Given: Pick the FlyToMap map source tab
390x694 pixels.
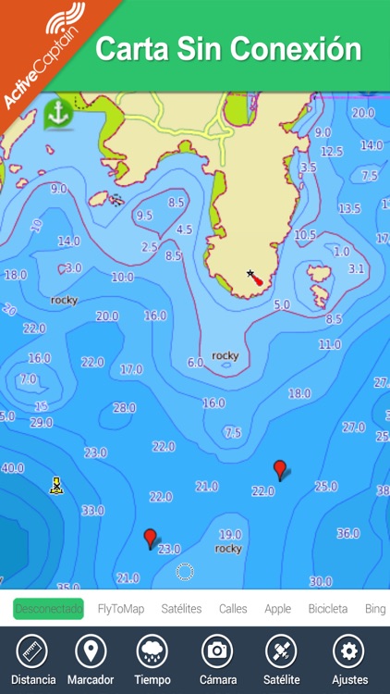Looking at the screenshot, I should [121, 609].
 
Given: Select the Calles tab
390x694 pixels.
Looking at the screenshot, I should [233, 609].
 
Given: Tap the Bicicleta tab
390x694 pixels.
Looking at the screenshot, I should [327, 609].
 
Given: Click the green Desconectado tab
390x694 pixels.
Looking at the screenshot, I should [48, 609].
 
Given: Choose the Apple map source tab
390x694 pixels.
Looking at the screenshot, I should [277, 609].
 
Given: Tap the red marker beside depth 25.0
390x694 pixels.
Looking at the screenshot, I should [280, 470].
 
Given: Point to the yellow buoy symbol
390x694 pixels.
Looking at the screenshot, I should [55, 485].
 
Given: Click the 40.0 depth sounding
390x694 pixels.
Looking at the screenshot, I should [12, 468].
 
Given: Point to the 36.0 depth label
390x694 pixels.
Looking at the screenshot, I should [347, 533].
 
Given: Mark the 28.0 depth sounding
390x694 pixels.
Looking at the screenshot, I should [124, 407].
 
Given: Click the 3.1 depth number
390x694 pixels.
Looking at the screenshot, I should [356, 268].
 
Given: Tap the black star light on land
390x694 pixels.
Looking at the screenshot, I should [250, 274].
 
